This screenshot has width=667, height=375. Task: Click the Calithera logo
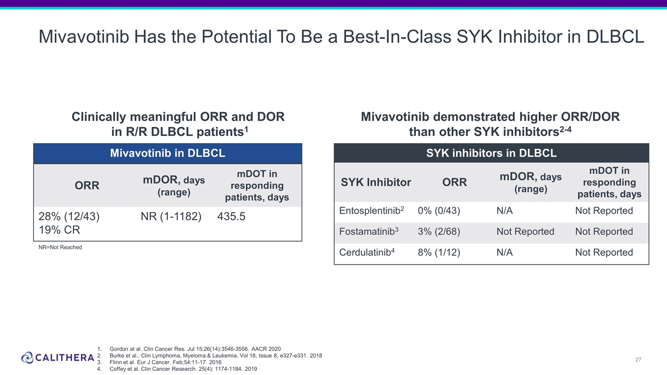[57, 357]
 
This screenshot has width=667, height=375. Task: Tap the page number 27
[638, 359]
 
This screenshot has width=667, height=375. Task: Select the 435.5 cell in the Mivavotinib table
[231, 216]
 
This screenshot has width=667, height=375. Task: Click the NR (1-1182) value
[171, 216]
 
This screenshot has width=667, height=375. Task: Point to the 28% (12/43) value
[69, 216]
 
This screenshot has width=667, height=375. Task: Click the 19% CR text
[59, 230]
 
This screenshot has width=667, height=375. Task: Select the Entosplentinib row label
[372, 210]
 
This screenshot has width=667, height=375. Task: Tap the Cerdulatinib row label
[367, 252]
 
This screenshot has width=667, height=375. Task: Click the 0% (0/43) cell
[439, 211]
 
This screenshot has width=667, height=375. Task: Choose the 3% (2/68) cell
[439, 232]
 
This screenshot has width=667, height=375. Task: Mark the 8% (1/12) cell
[439, 253]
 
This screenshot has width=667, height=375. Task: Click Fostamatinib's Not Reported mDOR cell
[525, 232]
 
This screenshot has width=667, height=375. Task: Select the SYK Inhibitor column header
[376, 182]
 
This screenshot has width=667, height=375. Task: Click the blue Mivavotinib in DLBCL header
[168, 153]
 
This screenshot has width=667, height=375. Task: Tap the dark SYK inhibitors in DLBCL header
[491, 153]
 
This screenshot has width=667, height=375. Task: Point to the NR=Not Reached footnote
[60, 247]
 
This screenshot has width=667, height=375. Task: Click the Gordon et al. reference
[195, 349]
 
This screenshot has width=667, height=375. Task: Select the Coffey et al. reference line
[183, 369]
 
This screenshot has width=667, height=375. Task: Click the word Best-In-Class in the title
[397, 37]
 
